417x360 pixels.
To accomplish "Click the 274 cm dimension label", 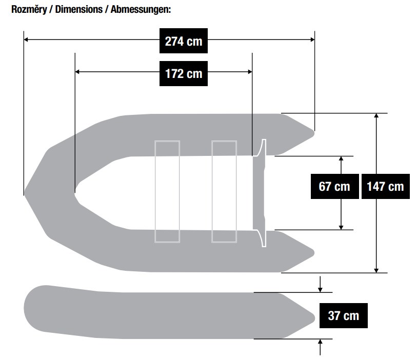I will click(183, 41).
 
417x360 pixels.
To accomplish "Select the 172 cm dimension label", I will click(183, 73).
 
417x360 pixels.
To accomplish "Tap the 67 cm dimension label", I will click(334, 186).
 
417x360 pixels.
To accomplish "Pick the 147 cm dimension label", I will click(385, 186).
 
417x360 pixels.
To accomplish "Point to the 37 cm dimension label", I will click(343, 315).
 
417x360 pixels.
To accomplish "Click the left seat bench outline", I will click(167, 191).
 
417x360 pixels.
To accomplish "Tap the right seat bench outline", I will click(224, 191).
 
